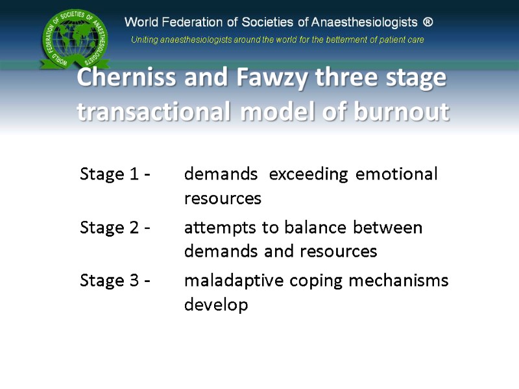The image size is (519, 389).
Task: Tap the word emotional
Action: tap(397, 174)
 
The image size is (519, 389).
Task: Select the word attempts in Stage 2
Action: tap(213, 228)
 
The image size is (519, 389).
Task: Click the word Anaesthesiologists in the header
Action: tap(364, 22)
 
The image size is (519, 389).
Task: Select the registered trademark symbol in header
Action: tap(428, 22)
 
